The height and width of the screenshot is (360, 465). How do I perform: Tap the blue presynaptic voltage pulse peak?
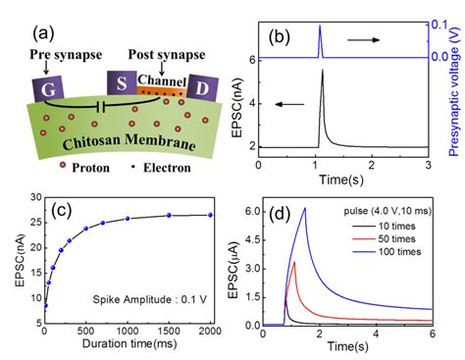(319, 27)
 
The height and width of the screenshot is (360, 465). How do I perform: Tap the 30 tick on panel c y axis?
(34, 197)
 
